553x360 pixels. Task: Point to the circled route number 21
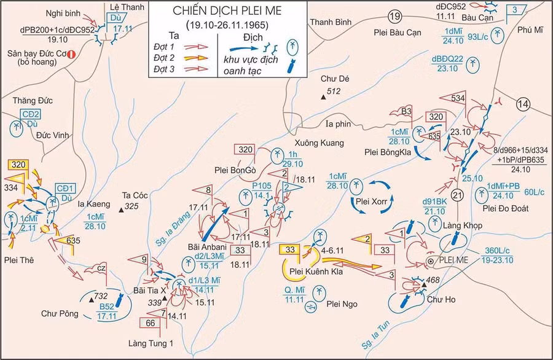point(457,195)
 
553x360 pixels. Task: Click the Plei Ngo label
point(342,304)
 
